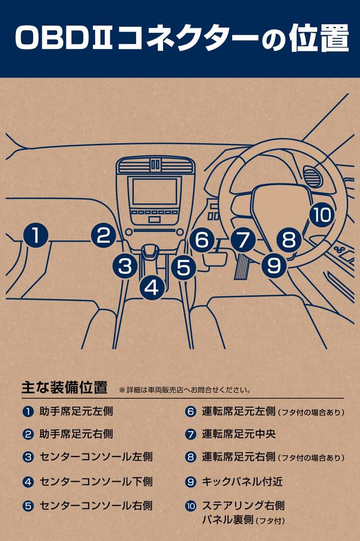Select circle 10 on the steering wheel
(x=321, y=214)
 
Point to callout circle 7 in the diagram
(x=243, y=239)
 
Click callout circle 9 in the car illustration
(x=274, y=265)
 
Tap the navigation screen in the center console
(x=154, y=192)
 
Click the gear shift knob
(x=150, y=250)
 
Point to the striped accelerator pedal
(x=242, y=266)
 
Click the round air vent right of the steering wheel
(x=314, y=176)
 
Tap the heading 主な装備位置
(x=64, y=387)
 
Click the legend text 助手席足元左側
(x=76, y=411)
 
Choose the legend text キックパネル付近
(x=242, y=481)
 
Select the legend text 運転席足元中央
(x=239, y=434)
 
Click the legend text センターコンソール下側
(x=96, y=481)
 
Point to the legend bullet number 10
(x=191, y=506)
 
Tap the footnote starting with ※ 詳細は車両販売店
(x=184, y=390)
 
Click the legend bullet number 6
(x=191, y=412)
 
